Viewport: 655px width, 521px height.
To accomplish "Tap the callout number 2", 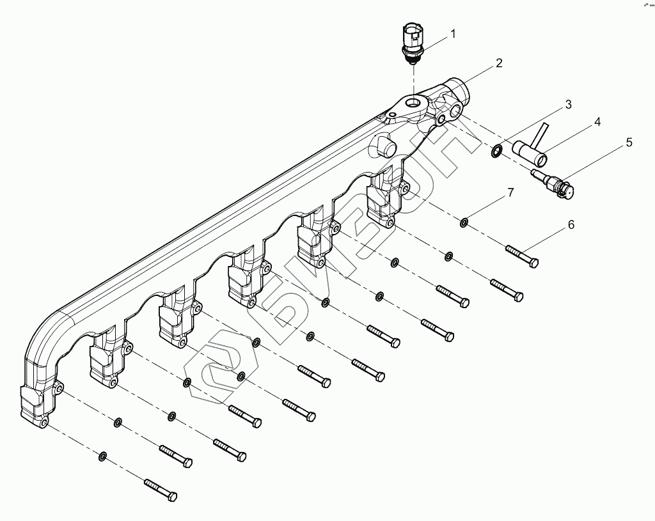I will (x=498, y=63).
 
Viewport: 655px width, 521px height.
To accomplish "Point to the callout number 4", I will (x=596, y=121).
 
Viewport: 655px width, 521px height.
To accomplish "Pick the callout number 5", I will (x=629, y=143).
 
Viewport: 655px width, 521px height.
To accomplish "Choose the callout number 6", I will (x=571, y=224).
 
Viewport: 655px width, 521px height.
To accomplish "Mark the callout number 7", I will (x=510, y=192).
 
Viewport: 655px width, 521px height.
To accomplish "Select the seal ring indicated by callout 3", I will (x=496, y=152).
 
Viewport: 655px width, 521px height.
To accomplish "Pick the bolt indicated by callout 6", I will (x=521, y=256).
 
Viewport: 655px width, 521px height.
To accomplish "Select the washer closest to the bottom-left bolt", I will (x=102, y=456).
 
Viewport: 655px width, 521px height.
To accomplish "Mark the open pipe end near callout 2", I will (x=459, y=87).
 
